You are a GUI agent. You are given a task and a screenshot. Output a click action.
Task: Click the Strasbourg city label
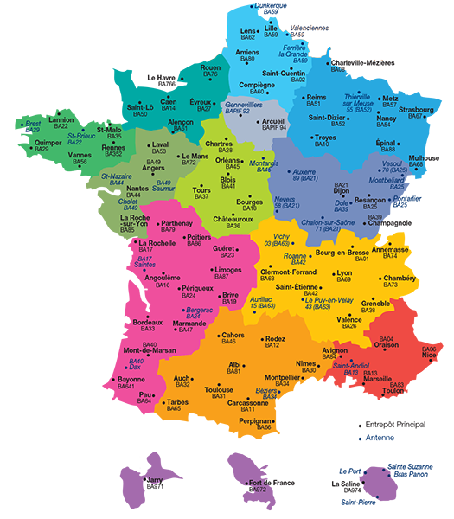coord(416,109)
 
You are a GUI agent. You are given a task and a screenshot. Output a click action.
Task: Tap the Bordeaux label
coord(148,322)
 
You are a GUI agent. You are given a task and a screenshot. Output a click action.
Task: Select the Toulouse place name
coord(219,389)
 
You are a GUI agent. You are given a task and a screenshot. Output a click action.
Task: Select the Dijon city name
coord(342,192)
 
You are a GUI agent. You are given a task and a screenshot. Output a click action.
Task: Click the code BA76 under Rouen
coord(210,74)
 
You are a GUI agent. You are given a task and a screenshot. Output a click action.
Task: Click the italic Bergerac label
coord(200,310)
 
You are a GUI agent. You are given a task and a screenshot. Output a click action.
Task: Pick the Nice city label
coord(430,355)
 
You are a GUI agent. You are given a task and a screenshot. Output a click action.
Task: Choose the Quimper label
coord(48,142)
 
